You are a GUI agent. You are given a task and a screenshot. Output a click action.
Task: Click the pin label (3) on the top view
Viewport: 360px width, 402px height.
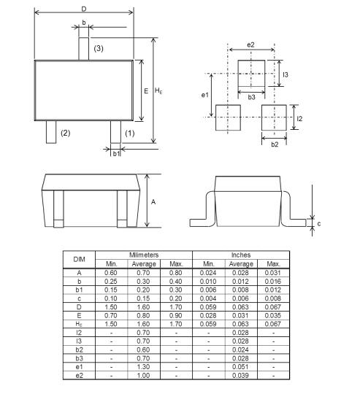click(99, 49)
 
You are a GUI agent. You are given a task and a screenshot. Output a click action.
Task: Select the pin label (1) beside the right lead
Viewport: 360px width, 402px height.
click(130, 133)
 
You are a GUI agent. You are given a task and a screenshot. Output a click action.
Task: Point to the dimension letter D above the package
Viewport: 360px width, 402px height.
click(84, 8)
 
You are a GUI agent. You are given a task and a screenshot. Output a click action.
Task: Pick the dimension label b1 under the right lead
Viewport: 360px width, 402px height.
click(115, 153)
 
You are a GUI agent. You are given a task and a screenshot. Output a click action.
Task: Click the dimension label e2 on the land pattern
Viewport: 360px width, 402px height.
click(251, 45)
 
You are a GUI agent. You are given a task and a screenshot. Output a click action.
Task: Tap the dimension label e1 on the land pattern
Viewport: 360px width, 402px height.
click(205, 95)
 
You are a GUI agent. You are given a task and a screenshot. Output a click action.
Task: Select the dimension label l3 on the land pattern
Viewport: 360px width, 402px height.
click(286, 75)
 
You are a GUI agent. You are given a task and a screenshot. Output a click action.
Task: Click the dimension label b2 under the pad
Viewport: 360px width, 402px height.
click(274, 144)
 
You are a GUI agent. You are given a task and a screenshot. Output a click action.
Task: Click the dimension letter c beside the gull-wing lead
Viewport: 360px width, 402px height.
click(318, 224)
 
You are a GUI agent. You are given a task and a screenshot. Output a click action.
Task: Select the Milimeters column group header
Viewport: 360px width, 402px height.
click(144, 254)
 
